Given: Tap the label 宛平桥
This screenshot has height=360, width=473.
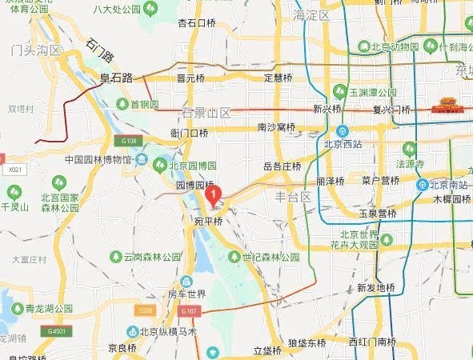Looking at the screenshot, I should coord(207,218).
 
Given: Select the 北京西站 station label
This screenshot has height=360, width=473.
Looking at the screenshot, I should coord(343,144).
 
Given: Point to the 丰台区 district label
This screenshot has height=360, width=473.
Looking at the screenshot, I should coord(292,196).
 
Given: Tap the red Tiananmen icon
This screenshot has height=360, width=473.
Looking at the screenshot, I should coord(443,107).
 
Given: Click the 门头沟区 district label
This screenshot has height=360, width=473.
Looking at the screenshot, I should coord(31,50).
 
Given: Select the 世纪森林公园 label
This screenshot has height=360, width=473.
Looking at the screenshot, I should coord(270,257).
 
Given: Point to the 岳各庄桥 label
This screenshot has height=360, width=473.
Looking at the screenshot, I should coord(282,166).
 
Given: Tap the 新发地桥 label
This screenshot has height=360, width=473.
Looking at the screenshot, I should coord(375,287).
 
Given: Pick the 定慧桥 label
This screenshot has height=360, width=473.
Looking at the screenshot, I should coord(279,78).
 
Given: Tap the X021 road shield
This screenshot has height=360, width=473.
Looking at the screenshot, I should coord(11,170).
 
